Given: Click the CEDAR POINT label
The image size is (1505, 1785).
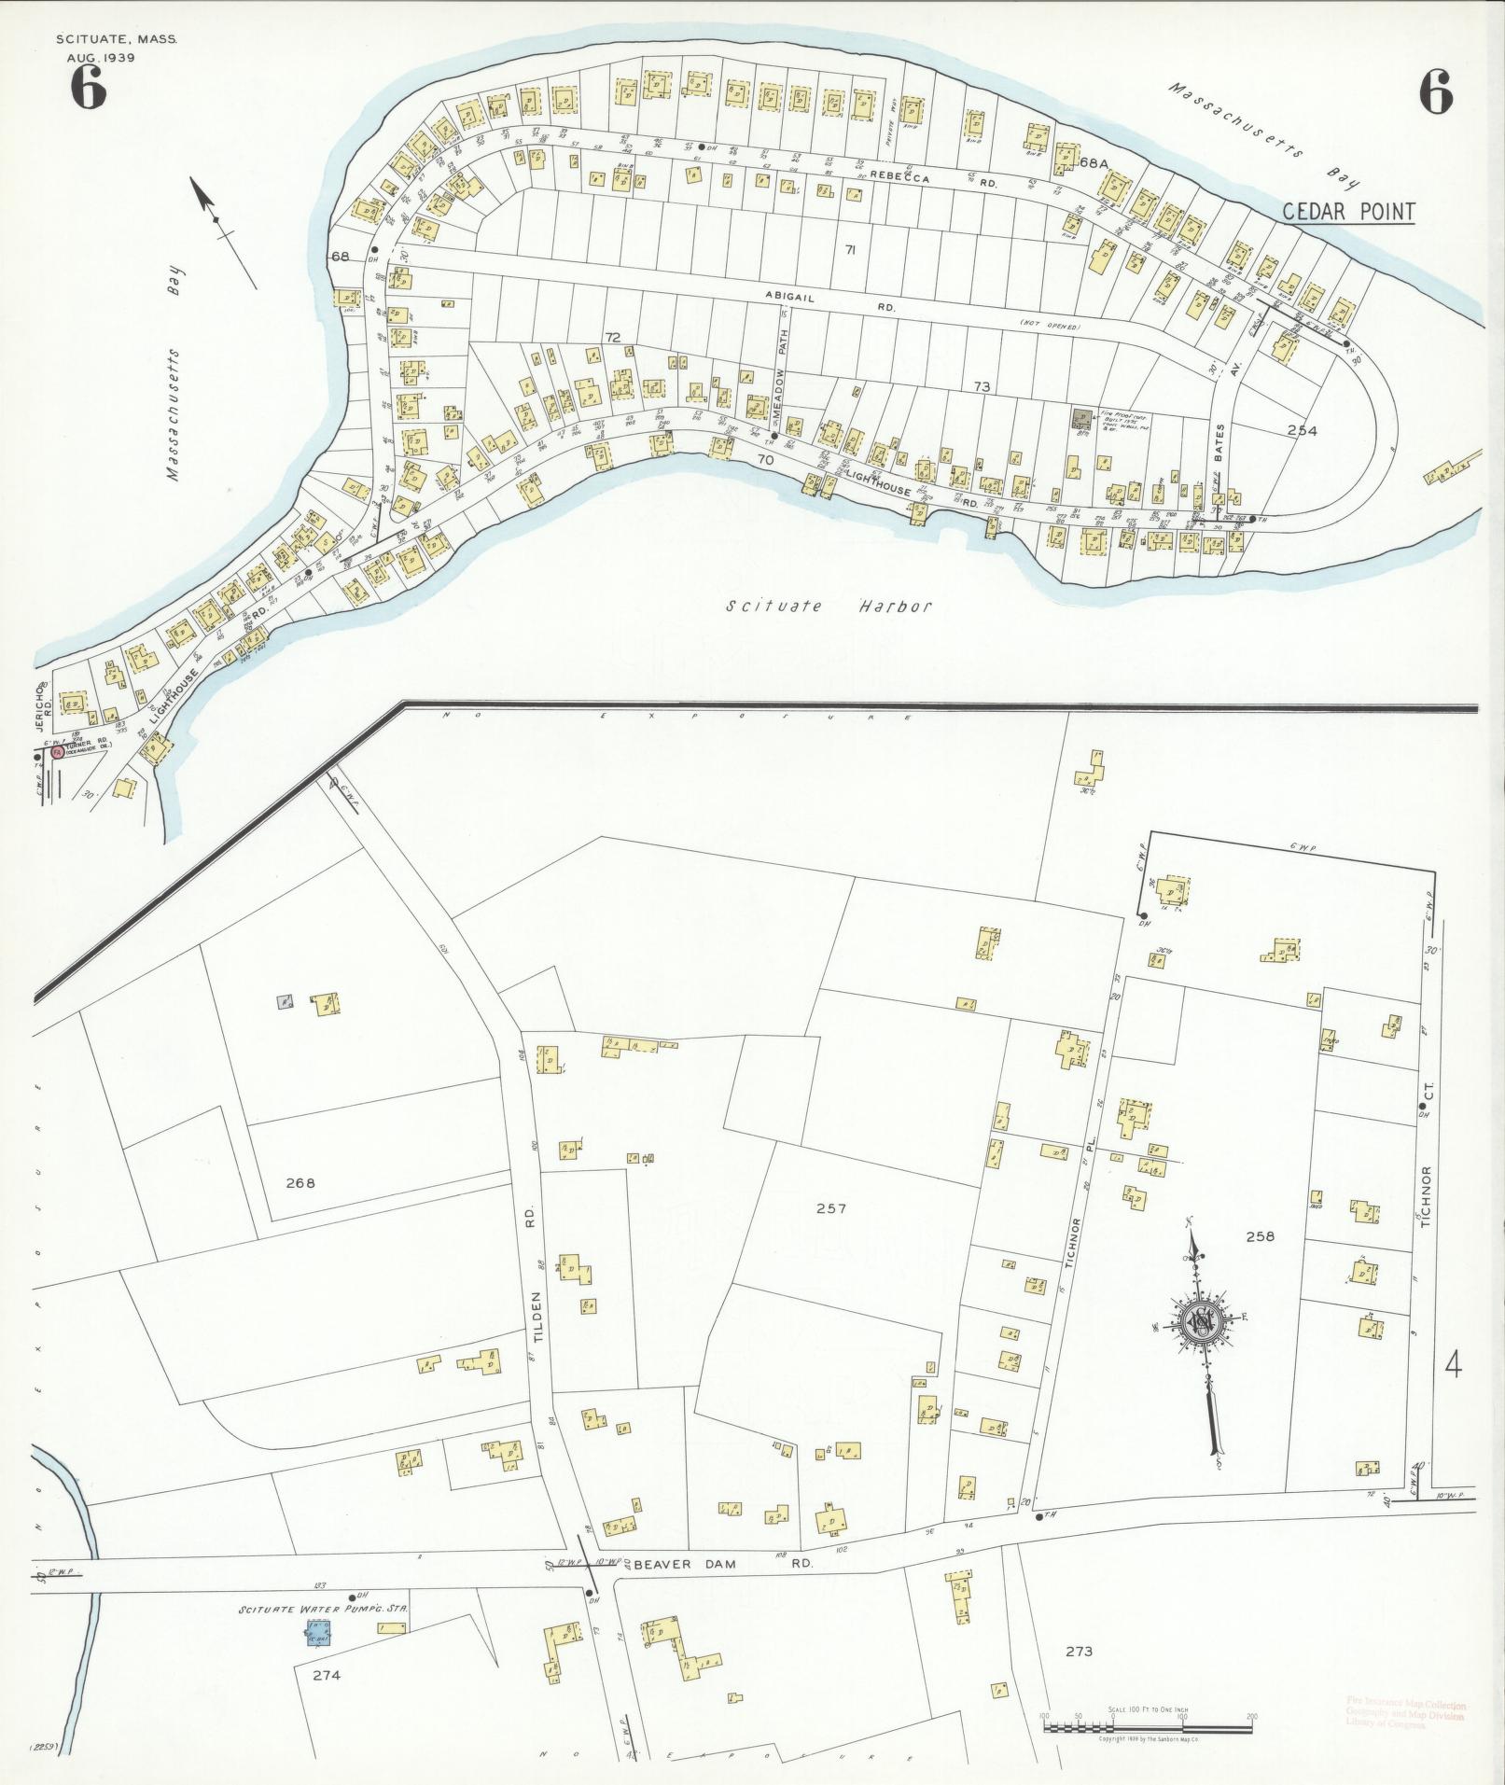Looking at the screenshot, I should pos(1348,212).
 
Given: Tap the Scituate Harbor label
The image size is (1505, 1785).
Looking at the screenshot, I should pos(829,607).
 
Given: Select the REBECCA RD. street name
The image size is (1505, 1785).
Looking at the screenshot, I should pos(933,179).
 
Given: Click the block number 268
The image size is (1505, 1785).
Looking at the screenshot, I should pos(300,1183).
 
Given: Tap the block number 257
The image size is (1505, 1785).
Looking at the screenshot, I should pos(830,1208).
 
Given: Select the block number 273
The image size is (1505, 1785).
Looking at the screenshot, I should pos(1078,1651).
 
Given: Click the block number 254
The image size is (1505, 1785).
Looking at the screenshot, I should pos(1301,430).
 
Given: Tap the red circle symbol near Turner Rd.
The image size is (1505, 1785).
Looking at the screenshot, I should pos(57,751).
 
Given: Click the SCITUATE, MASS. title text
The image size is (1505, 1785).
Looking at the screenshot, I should pos(116,39).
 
